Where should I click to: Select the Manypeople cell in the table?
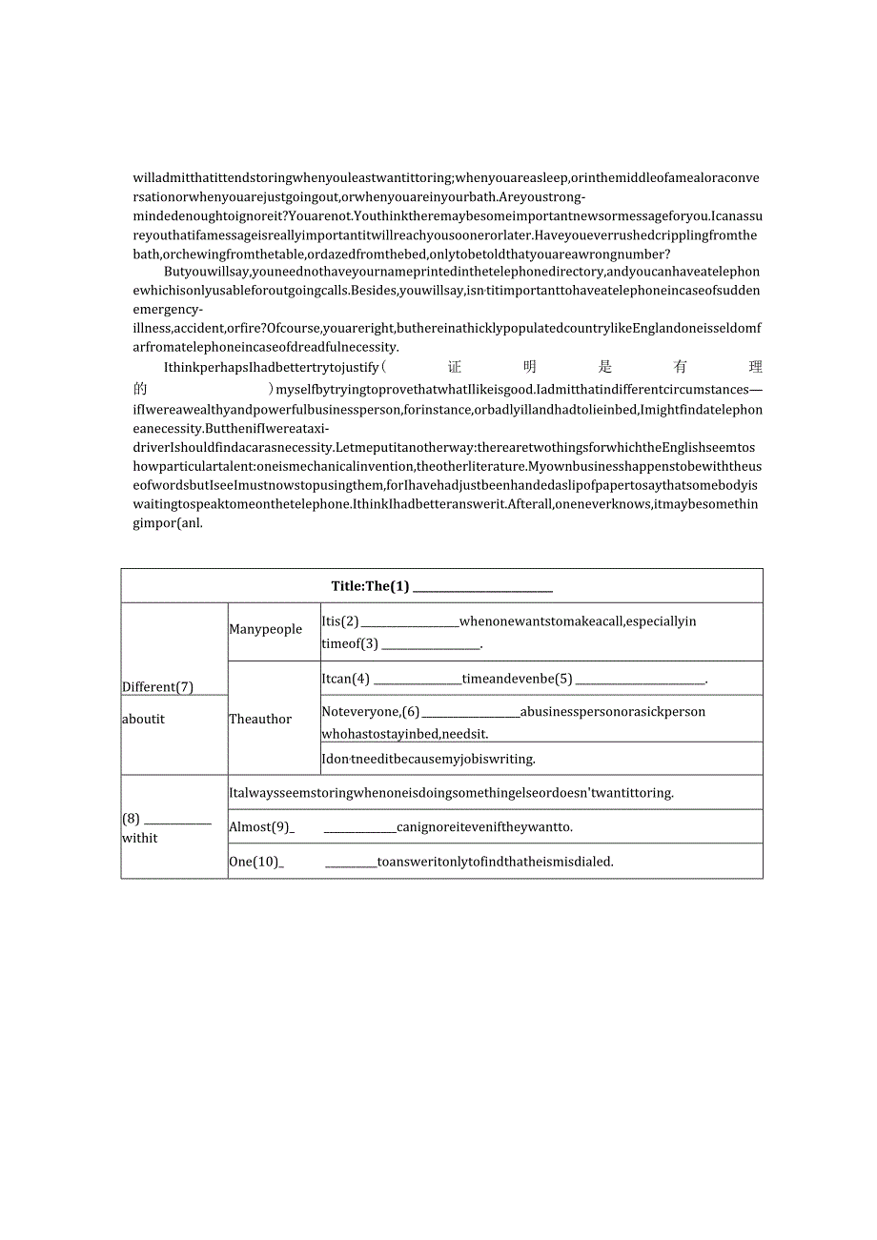click(x=265, y=629)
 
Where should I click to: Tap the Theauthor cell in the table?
click(x=260, y=719)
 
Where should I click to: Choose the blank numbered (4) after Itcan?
click(x=416, y=680)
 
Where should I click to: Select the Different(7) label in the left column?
click(x=157, y=686)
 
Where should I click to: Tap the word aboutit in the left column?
click(x=143, y=719)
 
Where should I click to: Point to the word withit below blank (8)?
click(x=140, y=838)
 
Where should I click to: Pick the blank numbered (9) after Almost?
click(x=359, y=828)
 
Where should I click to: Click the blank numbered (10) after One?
click(x=350, y=863)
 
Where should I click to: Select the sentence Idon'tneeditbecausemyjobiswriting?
click(x=428, y=759)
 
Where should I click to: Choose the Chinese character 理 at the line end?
click(x=756, y=367)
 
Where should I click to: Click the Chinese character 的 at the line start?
click(x=141, y=389)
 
